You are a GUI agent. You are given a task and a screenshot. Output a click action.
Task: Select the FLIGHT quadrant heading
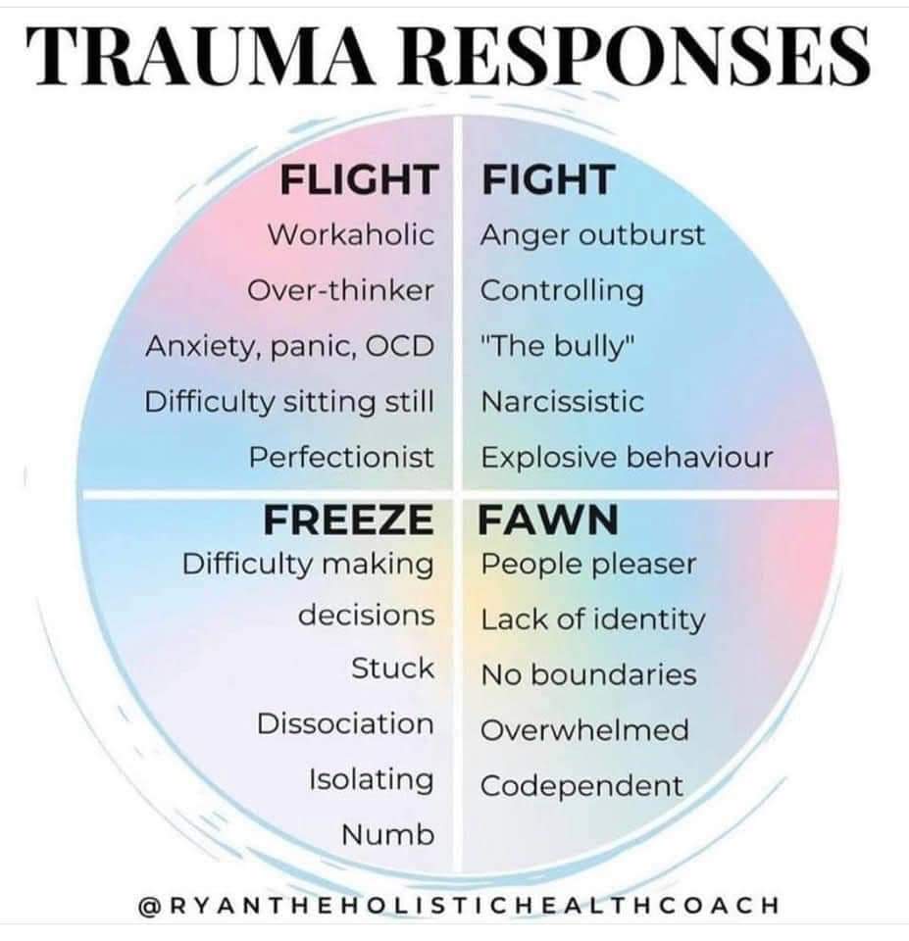point(359,179)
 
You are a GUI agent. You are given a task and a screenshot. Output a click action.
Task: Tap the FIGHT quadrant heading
point(548,179)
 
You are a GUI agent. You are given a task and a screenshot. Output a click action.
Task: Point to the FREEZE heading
point(349,520)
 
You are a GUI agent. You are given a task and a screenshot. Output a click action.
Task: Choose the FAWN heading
point(548,520)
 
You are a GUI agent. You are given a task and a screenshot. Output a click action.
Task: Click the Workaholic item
point(351,234)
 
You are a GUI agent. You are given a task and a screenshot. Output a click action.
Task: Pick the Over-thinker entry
point(340,290)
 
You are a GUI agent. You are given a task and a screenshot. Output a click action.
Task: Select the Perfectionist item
point(341,458)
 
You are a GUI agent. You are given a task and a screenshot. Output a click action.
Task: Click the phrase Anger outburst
point(592,234)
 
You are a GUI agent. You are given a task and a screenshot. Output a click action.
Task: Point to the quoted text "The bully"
point(558,346)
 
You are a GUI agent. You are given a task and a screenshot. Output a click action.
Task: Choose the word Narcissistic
point(563,402)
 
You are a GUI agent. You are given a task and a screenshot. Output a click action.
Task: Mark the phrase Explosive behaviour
point(627,458)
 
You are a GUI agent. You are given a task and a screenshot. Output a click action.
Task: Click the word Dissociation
point(345,723)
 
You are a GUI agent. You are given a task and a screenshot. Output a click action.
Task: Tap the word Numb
point(388,835)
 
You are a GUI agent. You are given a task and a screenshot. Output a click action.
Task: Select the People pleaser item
point(589,565)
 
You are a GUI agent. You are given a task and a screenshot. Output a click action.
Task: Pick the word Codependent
point(581,786)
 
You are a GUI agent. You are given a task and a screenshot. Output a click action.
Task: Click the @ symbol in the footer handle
point(149,905)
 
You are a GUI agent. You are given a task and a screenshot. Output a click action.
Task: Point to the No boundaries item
point(589,675)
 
